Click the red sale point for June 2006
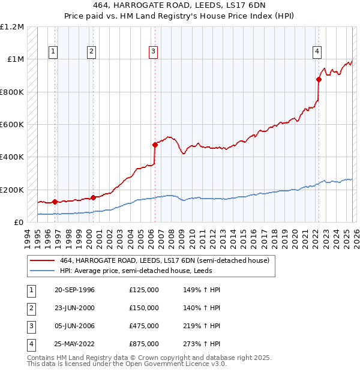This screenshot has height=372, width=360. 155,145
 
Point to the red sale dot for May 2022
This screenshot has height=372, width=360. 319,79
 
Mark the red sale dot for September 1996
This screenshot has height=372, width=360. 55,202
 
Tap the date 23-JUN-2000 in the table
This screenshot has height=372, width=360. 74,308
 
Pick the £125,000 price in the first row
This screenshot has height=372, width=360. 143,290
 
